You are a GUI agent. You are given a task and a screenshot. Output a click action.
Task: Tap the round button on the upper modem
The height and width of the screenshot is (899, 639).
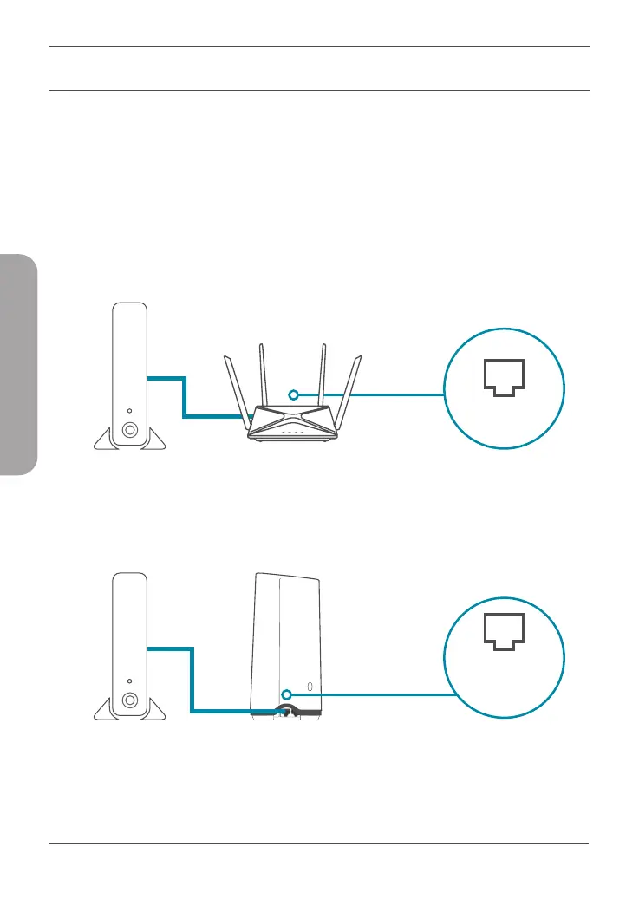129,429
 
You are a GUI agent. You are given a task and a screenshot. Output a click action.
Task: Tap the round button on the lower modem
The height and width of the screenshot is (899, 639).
129,699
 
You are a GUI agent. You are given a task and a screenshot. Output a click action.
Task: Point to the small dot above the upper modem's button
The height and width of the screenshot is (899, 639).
129,411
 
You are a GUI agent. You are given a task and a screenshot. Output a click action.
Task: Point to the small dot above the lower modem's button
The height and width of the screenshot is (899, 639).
129,681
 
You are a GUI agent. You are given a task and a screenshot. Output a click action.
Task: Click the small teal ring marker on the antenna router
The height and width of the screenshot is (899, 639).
294,394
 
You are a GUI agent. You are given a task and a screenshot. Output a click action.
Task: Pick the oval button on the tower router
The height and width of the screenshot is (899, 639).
309,691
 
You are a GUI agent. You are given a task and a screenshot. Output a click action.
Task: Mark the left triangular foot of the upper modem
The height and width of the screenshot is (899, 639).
106,440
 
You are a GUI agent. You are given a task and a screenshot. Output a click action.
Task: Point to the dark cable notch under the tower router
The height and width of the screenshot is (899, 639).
285,710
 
